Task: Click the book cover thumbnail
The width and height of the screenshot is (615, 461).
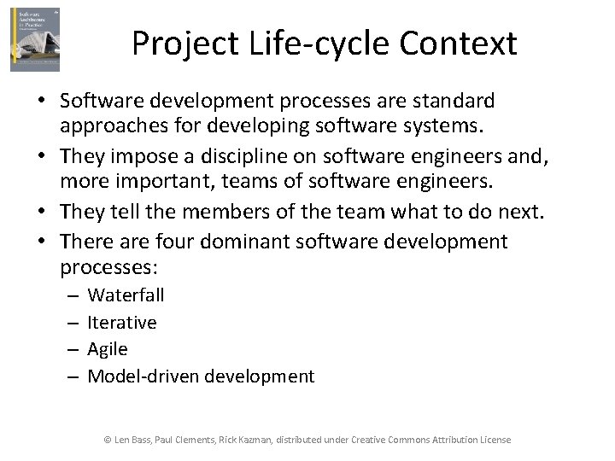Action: coord(35,39)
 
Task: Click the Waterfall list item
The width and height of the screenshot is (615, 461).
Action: coord(126,295)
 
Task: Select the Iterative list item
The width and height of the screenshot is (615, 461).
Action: coord(122,323)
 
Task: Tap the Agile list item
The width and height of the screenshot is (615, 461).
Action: coord(108,349)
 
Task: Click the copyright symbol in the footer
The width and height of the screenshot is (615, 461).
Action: coord(108,440)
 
